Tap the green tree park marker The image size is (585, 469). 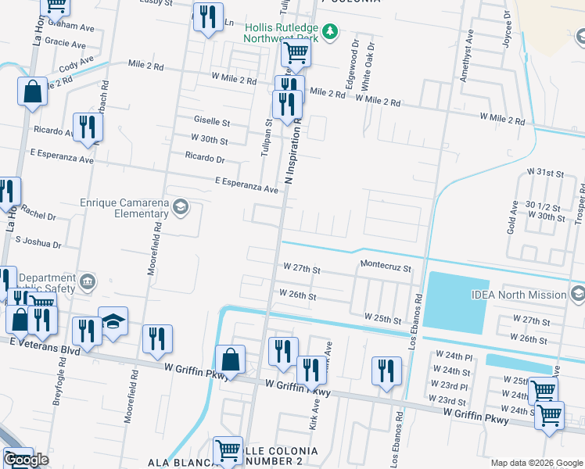[331, 30]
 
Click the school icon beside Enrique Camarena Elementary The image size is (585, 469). [181, 207]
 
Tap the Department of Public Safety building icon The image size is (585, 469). [87, 281]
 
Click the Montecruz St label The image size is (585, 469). [386, 267]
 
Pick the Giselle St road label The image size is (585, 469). [212, 123]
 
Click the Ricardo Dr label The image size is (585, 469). [205, 158]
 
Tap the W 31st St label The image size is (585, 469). [545, 171]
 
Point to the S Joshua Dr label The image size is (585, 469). [38, 243]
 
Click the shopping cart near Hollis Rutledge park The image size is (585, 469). [296, 53]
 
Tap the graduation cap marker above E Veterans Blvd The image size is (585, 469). [113, 322]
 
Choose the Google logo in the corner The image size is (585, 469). [26, 460]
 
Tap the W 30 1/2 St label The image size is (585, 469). [544, 205]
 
